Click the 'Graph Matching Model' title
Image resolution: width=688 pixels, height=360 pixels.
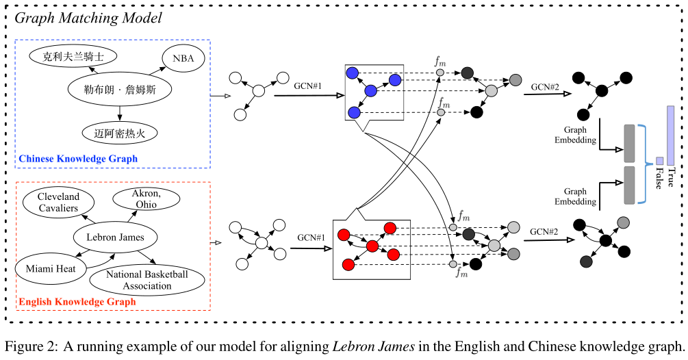[x=88, y=18]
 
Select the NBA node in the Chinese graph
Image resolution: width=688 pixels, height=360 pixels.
[x=183, y=59]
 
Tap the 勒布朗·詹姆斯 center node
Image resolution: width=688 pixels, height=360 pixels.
[x=118, y=89]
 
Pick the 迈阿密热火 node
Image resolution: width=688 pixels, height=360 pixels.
[x=119, y=132]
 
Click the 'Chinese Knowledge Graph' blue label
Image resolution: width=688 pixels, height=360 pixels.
[x=78, y=159]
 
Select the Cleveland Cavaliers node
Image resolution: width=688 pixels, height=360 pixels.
[x=58, y=203]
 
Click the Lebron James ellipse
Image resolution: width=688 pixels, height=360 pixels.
[x=115, y=237]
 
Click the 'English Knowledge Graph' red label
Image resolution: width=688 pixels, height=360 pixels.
[x=77, y=301]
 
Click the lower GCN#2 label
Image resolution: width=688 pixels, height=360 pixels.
[x=544, y=232]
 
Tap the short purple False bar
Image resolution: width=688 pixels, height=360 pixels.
[x=659, y=161]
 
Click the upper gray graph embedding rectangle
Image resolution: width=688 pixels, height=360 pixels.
[x=629, y=143]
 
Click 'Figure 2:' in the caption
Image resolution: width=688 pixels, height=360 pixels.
[x=31, y=346]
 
